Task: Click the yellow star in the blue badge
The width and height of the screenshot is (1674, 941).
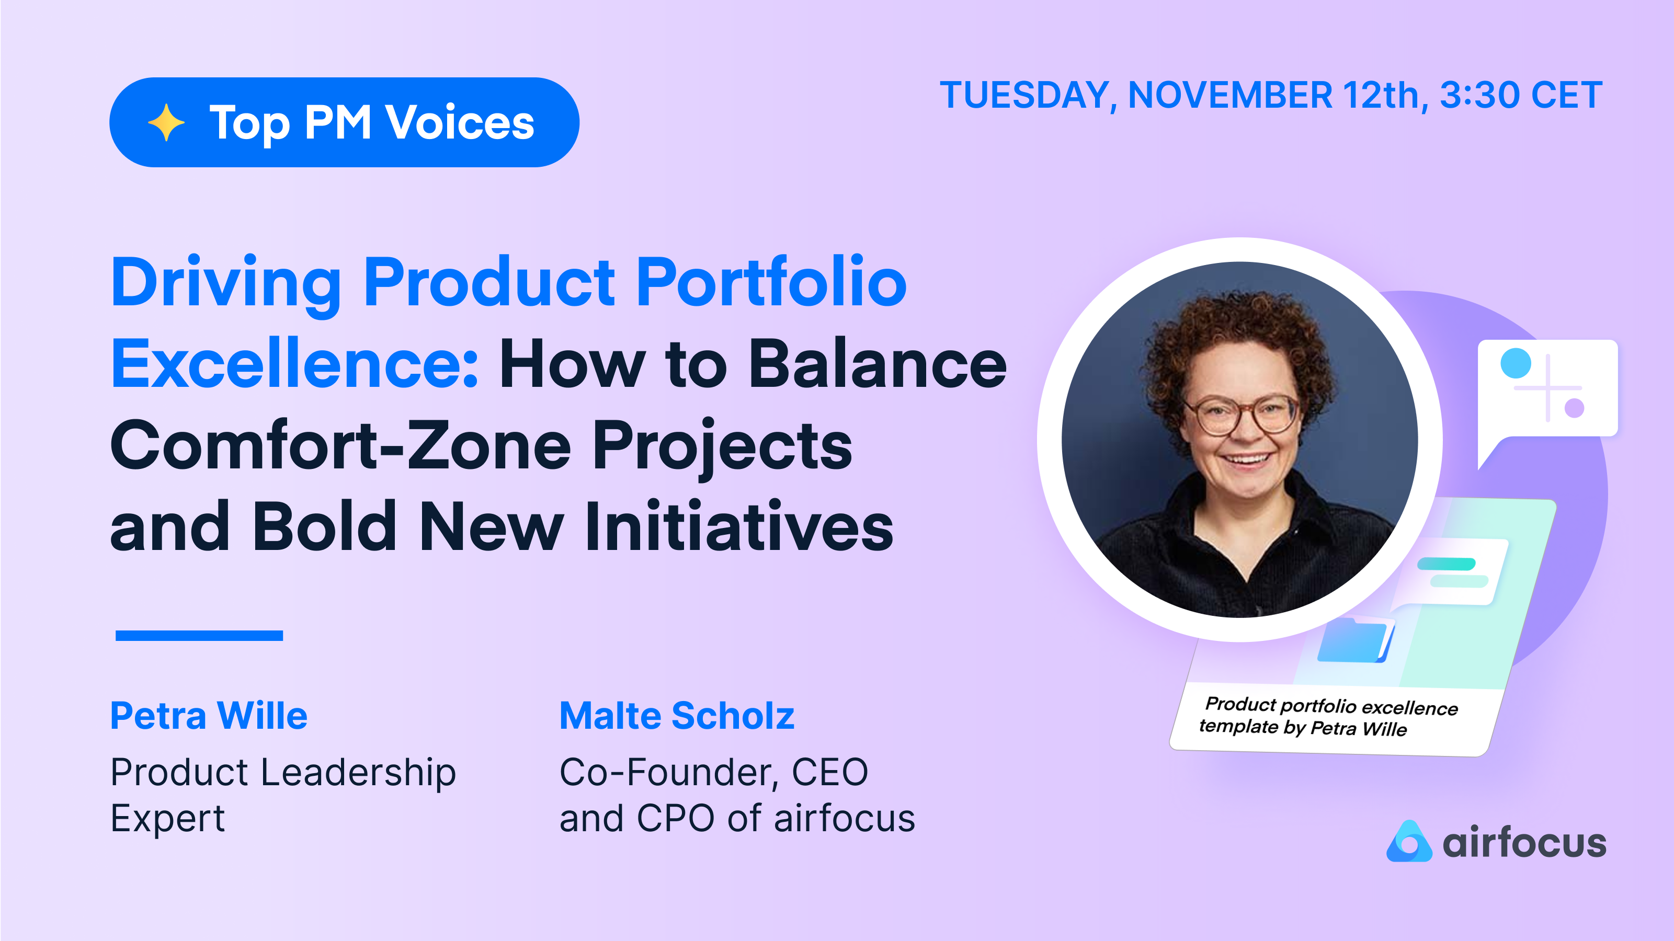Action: [x=166, y=122]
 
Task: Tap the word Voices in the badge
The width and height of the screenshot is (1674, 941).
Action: [x=460, y=122]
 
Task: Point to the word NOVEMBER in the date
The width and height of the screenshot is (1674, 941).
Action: [x=1230, y=96]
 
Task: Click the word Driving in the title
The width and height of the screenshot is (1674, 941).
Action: [x=226, y=283]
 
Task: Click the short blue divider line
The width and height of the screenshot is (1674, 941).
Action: [x=199, y=636]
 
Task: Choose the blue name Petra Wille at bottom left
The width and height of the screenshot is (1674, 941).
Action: [x=209, y=716]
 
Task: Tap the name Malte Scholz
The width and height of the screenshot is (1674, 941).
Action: [x=677, y=716]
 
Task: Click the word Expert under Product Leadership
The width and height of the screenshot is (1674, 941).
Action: [x=168, y=818]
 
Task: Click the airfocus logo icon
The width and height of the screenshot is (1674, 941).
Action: [x=1408, y=842]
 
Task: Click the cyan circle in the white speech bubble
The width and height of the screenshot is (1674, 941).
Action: [x=1516, y=363]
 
